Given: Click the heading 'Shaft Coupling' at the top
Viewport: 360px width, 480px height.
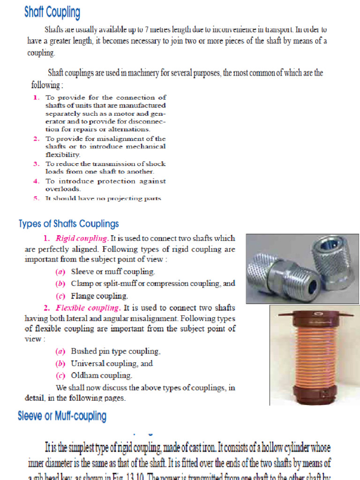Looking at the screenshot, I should click(x=52, y=13).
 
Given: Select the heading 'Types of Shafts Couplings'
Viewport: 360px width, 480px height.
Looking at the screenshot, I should click(x=68, y=224).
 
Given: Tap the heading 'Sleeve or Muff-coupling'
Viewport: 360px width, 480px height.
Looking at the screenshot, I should click(x=62, y=416).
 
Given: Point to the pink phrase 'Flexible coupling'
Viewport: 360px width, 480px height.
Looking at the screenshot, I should click(x=88, y=308).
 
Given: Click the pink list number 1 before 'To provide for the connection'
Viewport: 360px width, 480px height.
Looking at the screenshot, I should click(x=36, y=97).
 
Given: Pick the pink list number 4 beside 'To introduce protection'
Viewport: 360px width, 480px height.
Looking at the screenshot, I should click(x=36, y=181).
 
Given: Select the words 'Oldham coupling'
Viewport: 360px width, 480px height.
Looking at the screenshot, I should click(x=101, y=375).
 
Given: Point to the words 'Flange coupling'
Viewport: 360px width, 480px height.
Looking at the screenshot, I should click(x=99, y=296).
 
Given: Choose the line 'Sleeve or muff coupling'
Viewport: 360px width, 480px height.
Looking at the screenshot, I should click(x=112, y=271).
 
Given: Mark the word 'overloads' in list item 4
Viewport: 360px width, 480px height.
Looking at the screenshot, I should click(x=63, y=189).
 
